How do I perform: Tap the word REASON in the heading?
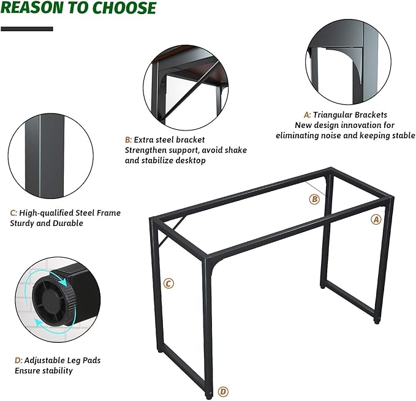point(32,7)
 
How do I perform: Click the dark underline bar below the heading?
point(27,29)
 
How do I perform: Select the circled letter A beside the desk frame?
point(376,219)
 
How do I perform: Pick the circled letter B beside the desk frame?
point(314,199)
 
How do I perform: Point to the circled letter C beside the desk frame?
point(168,283)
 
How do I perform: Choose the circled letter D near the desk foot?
point(223,391)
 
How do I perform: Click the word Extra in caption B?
point(143,140)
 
